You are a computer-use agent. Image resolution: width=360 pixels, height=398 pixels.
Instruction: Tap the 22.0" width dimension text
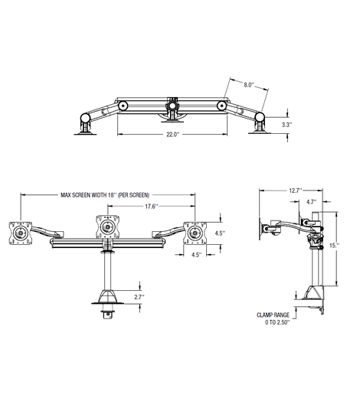172,135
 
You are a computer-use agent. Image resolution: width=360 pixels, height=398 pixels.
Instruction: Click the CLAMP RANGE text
273,315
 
